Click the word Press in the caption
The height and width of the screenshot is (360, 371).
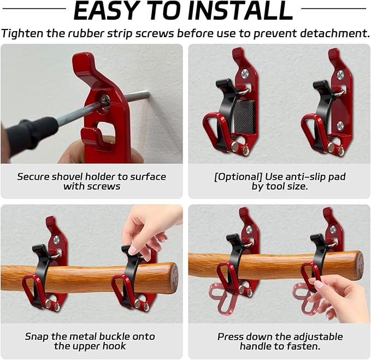point(231,336)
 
